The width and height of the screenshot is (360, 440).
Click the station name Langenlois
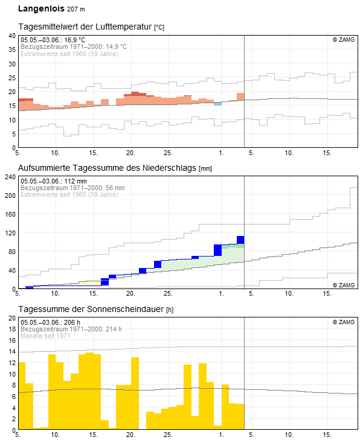click(41, 9)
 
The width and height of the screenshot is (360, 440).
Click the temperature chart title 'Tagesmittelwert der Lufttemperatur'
click(85, 27)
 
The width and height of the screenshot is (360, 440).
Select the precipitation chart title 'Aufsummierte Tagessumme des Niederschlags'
click(107, 168)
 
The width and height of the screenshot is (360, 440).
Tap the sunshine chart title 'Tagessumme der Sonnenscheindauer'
click(91, 309)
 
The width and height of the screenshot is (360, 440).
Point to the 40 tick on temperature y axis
click(12, 36)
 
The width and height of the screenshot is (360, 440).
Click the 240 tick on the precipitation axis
click(10, 177)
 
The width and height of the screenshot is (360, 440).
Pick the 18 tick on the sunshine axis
click(12, 329)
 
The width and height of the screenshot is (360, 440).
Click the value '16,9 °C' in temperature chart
click(75, 40)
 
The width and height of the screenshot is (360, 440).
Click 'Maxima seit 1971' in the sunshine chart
click(45, 336)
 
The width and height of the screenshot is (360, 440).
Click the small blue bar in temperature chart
click(217, 104)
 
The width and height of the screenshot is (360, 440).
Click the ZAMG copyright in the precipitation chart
click(344, 285)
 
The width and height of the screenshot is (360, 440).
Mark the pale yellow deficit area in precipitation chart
click(89, 283)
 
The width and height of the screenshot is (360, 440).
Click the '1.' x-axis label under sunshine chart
click(221, 435)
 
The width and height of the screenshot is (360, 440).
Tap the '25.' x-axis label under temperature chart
click(168, 153)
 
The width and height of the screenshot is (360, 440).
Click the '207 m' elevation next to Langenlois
click(76, 9)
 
